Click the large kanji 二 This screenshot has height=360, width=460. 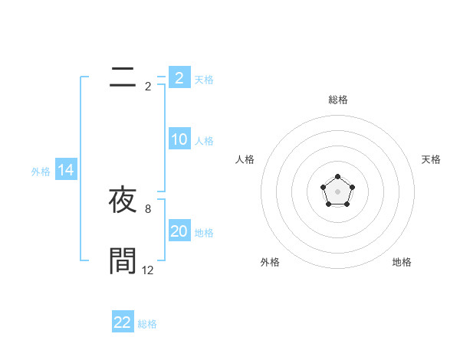[x=123, y=76]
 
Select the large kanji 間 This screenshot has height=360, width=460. [x=123, y=260]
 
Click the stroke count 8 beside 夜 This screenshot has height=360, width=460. [x=148, y=208]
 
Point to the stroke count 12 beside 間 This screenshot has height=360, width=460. [x=148, y=270]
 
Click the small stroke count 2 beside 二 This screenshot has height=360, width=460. [x=148, y=86]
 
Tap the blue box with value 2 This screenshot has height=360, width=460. [x=179, y=77]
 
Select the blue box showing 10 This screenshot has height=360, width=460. [x=179, y=139]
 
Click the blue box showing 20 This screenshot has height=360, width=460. [x=179, y=231]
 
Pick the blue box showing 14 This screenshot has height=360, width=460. [x=66, y=171]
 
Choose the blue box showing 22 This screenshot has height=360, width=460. [x=123, y=322]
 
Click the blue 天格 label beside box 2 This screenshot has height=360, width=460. [x=204, y=79]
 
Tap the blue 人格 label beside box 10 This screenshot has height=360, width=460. [x=204, y=141]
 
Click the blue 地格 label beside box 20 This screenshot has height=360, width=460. [x=204, y=233]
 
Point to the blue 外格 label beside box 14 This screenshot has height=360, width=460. [x=41, y=172]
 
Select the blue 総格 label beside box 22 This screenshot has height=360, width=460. [x=147, y=324]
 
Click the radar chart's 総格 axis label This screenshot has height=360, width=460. [x=337, y=100]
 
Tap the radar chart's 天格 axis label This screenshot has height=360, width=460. [x=431, y=159]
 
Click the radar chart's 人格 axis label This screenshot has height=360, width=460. [x=245, y=159]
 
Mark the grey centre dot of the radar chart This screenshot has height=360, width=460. [x=337, y=191]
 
